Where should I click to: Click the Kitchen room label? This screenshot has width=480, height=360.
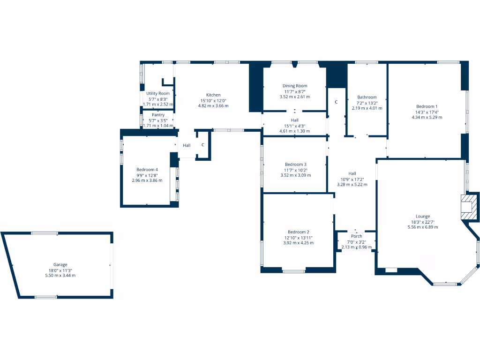tap(213, 95)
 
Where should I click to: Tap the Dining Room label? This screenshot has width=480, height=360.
tap(295, 86)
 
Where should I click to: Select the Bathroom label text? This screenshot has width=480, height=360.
tap(367, 97)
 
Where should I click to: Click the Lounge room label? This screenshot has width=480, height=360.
tap(422, 217)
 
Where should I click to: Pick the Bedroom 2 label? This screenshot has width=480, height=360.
tap(298, 232)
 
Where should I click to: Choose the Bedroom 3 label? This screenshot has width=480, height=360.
tap(295, 165)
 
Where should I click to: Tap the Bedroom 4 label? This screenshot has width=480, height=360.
tap(147, 170)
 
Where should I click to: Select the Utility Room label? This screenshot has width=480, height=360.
tap(158, 94)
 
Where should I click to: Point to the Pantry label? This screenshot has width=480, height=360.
tap(158, 115)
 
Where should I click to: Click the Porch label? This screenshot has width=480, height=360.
tap(356, 236)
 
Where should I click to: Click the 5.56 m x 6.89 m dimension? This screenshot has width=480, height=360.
tap(422, 227)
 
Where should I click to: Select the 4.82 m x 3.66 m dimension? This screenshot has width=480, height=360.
tap(213, 106)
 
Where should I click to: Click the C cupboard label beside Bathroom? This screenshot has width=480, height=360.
tap(336, 102)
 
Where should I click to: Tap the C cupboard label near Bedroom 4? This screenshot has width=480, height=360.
tap(202, 145)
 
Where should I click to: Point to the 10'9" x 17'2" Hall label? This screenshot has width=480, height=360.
tap(352, 179)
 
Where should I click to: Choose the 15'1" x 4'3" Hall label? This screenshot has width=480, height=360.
tap(295, 126)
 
